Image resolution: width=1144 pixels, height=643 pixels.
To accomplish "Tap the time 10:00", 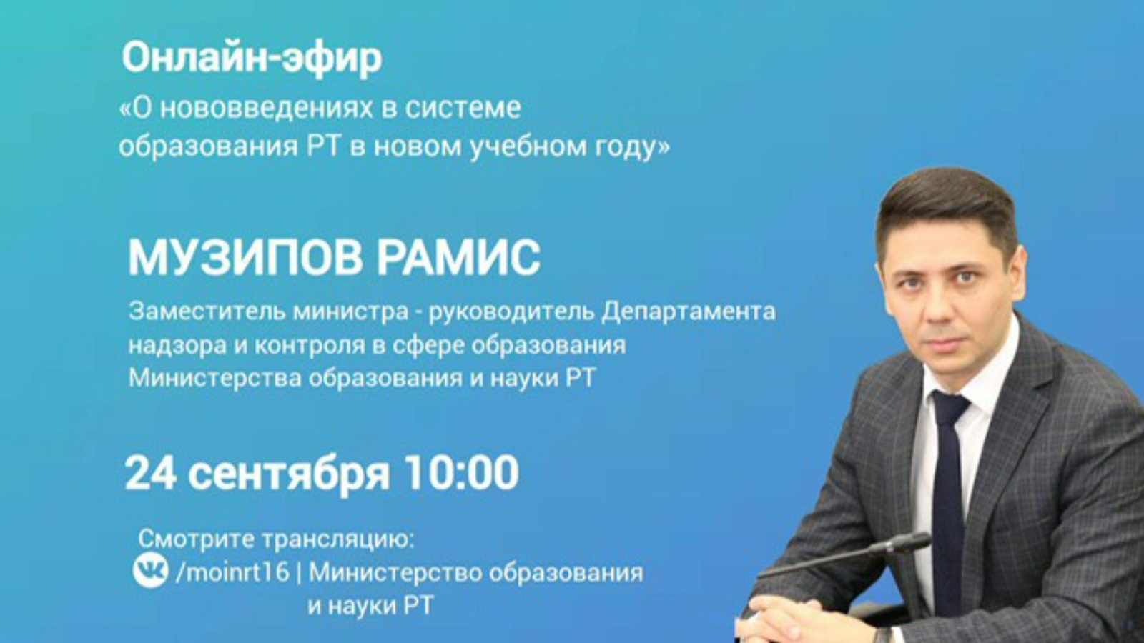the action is (461, 473).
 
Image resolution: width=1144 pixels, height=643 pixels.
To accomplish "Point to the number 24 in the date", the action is (151, 473).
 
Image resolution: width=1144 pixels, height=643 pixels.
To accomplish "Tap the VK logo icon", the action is (150, 571).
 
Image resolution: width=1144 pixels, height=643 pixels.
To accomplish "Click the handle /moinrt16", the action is (232, 572).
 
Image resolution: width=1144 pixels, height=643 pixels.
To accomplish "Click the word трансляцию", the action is (337, 540).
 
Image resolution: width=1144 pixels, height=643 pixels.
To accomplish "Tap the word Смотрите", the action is (197, 539).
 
